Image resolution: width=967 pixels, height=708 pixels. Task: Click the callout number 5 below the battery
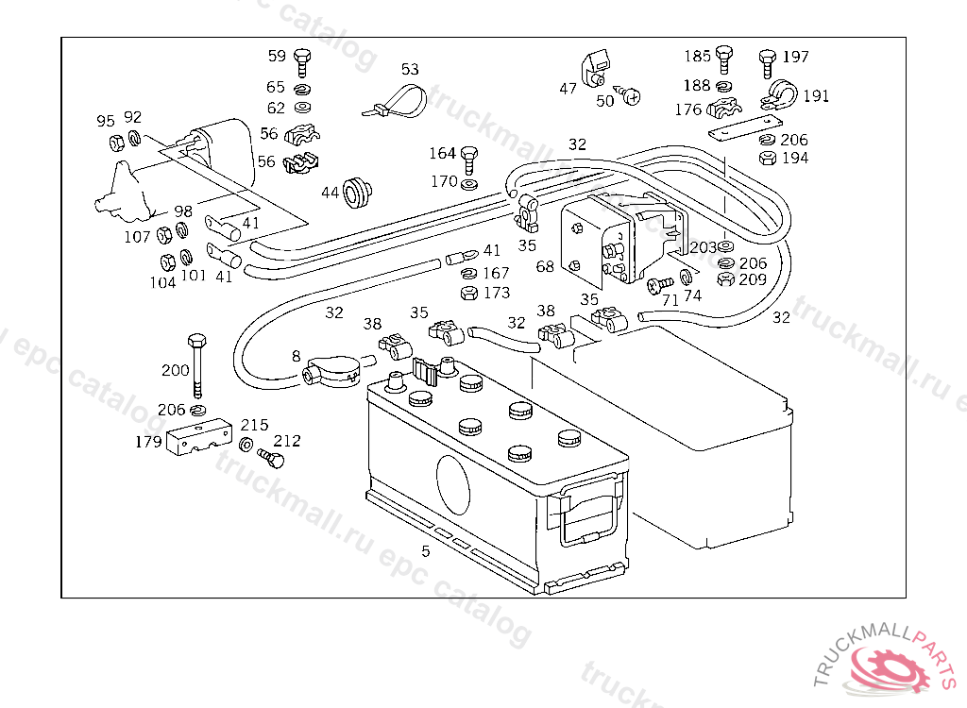[x=426, y=551]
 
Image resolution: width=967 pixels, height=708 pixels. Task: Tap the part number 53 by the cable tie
[x=409, y=70]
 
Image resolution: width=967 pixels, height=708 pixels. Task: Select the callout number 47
[x=568, y=89]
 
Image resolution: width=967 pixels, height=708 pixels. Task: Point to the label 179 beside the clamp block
[x=148, y=441]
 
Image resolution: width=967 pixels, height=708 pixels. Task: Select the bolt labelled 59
[x=302, y=61]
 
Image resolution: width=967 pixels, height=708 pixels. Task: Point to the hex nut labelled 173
[x=467, y=293]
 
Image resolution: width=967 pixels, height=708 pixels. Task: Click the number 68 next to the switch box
[x=545, y=267]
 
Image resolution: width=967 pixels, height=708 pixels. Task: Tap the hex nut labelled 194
[x=767, y=158]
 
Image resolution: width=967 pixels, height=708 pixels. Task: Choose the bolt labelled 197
[x=767, y=62]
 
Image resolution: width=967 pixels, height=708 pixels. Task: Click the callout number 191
[x=816, y=96]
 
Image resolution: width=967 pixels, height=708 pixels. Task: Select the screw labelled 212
[x=272, y=459]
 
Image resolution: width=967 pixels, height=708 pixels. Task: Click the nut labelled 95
[x=117, y=143]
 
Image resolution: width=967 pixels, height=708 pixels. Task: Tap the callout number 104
[x=163, y=281]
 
